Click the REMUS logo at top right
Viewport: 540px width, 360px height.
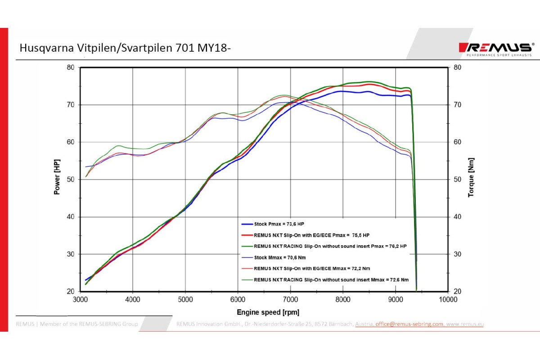pos(495,48)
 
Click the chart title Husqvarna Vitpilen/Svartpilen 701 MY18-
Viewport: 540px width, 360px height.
pos(125,48)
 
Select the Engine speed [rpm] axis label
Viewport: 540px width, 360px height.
pos(268,312)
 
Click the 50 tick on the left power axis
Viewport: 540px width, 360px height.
pos(71,180)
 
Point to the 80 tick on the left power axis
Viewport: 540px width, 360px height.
pos(71,67)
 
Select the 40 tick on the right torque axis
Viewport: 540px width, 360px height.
pos(458,217)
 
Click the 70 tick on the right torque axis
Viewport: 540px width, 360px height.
pos(458,105)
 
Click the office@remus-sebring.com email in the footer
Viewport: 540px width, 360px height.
pos(409,324)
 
